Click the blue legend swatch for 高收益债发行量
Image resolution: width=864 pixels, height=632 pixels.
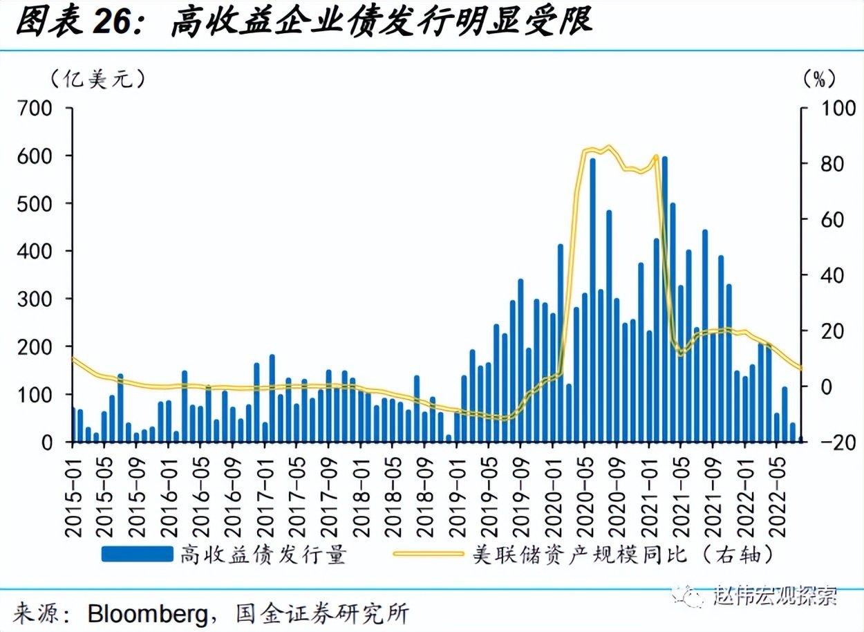pyautogui.click(x=136, y=554)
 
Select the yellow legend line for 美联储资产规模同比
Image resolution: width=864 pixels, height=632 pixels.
pyautogui.click(x=428, y=554)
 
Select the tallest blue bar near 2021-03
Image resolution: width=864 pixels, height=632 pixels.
pyautogui.click(x=664, y=299)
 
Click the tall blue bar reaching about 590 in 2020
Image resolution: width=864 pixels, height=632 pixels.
pyautogui.click(x=592, y=300)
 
